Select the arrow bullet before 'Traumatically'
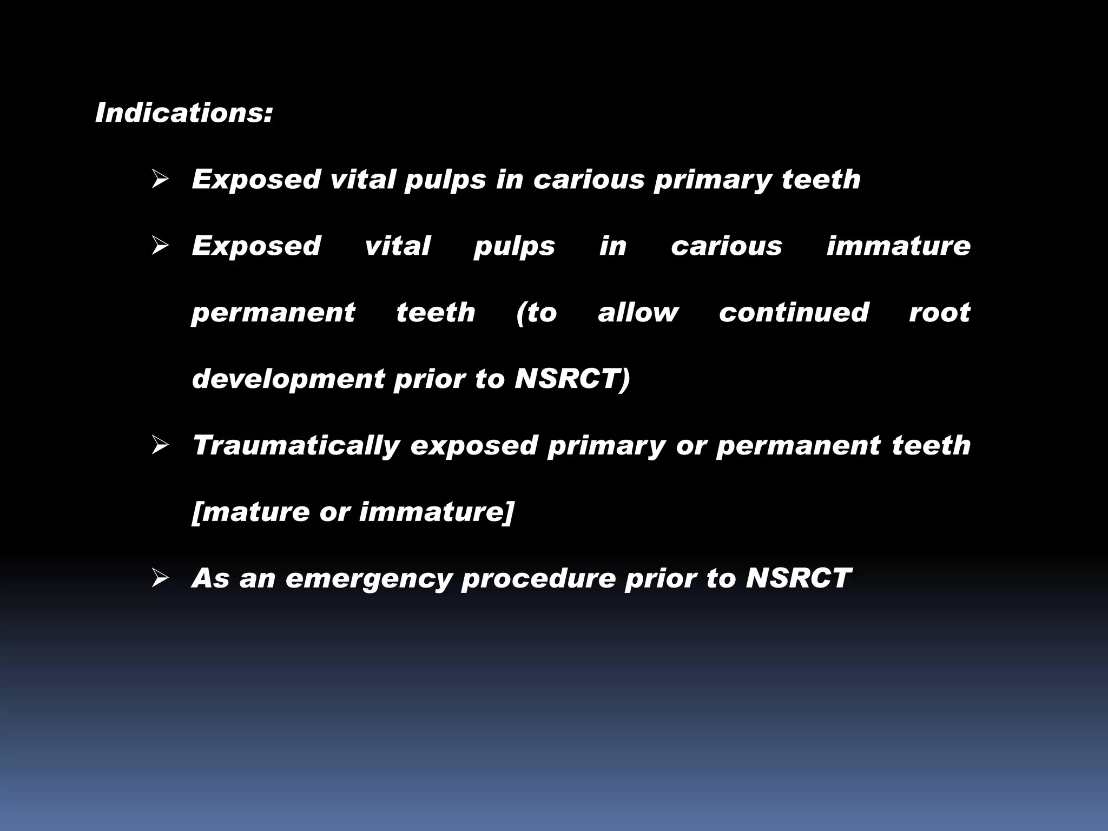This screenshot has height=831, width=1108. pyautogui.click(x=161, y=446)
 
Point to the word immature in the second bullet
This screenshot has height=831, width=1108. pyautogui.click(x=898, y=246)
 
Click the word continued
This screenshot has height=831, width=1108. pyautogui.click(x=794, y=313)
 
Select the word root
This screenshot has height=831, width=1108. pyautogui.click(x=940, y=313)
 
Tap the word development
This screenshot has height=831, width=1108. pyautogui.click(x=288, y=379)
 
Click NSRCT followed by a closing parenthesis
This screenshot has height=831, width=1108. pyautogui.click(x=572, y=379)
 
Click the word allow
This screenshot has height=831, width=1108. pyautogui.click(x=638, y=313)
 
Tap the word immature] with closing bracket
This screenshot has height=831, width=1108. pyautogui.click(x=436, y=512)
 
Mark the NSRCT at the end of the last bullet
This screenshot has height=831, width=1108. pyautogui.click(x=799, y=578)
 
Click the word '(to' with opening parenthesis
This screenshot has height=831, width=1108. pyautogui.click(x=536, y=313)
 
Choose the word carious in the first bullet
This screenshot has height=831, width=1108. pyautogui.click(x=589, y=180)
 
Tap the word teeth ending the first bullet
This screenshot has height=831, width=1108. pyautogui.click(x=821, y=180)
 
